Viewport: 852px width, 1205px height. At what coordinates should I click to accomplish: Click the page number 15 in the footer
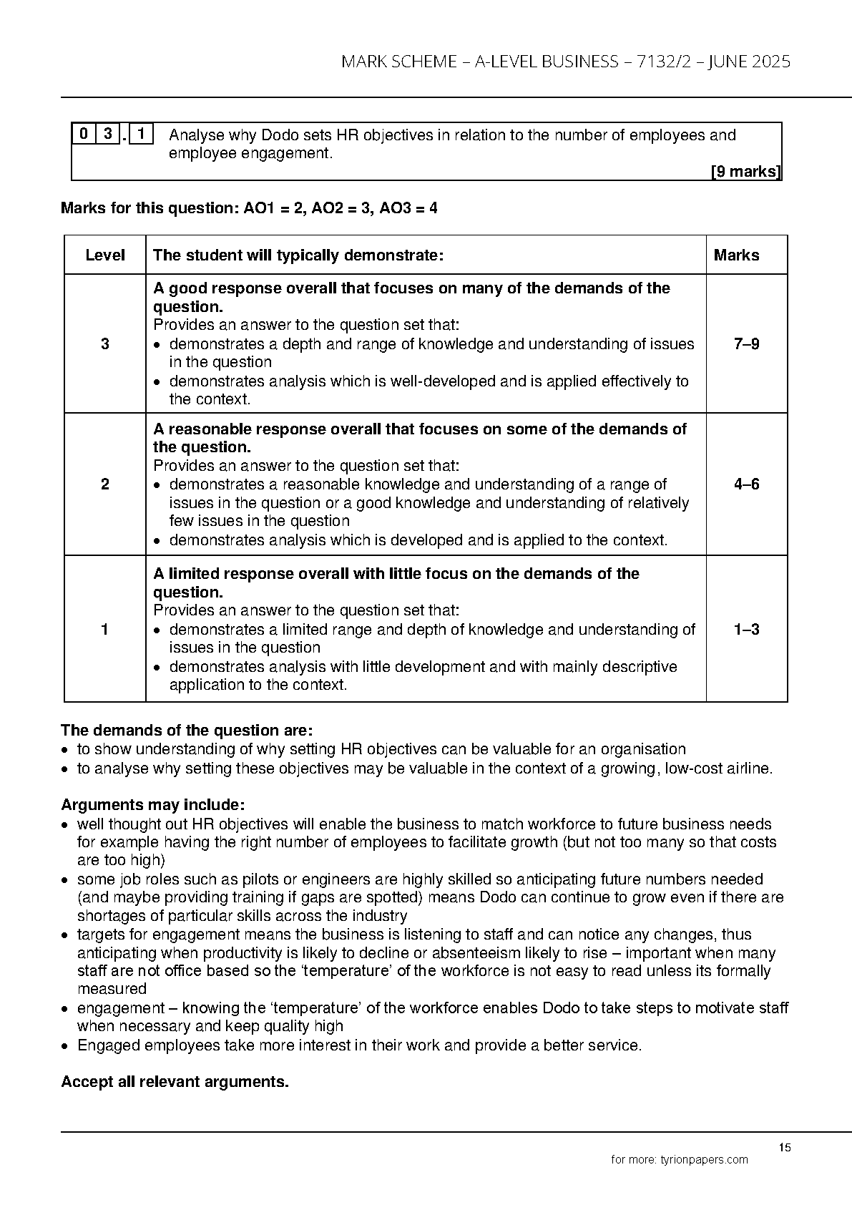pos(785,1148)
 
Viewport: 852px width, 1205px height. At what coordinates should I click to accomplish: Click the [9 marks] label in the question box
pos(745,172)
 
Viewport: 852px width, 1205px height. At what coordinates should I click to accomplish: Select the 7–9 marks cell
pos(746,344)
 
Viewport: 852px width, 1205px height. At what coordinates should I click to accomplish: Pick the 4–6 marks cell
pos(746,484)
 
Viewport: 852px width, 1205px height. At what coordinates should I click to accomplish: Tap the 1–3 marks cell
pos(746,630)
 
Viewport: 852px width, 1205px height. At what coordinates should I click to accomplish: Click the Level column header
pos(105,255)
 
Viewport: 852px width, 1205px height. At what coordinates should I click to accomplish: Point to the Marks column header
pos(736,255)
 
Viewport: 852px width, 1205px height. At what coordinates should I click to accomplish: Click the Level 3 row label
pos(105,344)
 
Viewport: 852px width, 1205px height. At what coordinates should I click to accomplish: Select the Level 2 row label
pos(105,484)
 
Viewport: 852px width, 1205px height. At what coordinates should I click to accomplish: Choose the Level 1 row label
pos(105,630)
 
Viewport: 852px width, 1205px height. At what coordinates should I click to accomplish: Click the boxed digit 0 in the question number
pos(84,134)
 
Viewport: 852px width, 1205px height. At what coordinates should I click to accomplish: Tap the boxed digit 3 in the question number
pos(108,134)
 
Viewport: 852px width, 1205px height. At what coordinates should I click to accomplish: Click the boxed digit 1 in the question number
pos(142,134)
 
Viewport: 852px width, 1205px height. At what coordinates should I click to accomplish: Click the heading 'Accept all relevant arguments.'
pos(175,1082)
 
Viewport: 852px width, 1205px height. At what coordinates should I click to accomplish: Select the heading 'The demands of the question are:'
pos(187,731)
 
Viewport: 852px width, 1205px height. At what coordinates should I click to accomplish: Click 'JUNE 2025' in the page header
pos(749,62)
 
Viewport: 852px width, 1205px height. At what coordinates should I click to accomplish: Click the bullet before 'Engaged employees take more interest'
pos(65,1046)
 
